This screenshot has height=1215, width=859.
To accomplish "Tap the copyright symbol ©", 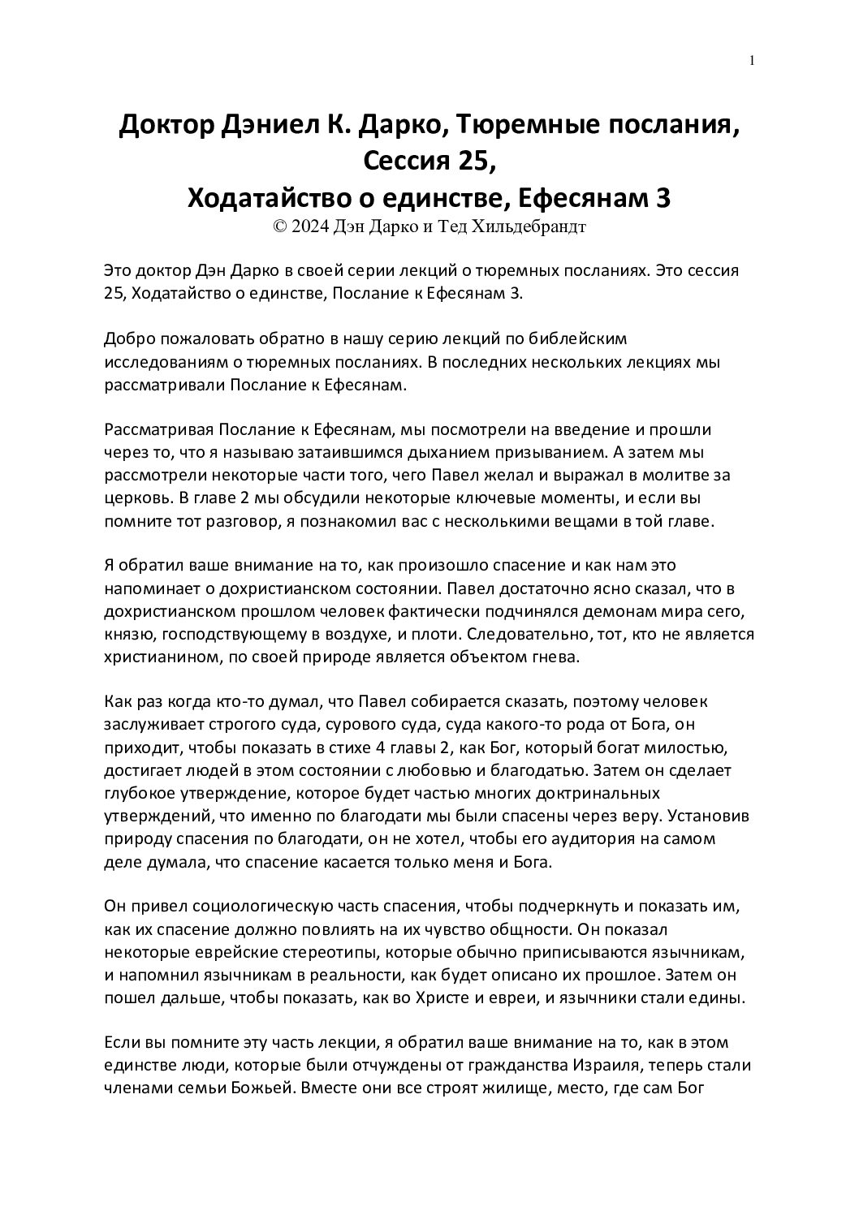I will coord(281,227).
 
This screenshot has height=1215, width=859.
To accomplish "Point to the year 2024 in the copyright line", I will coord(310,227).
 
